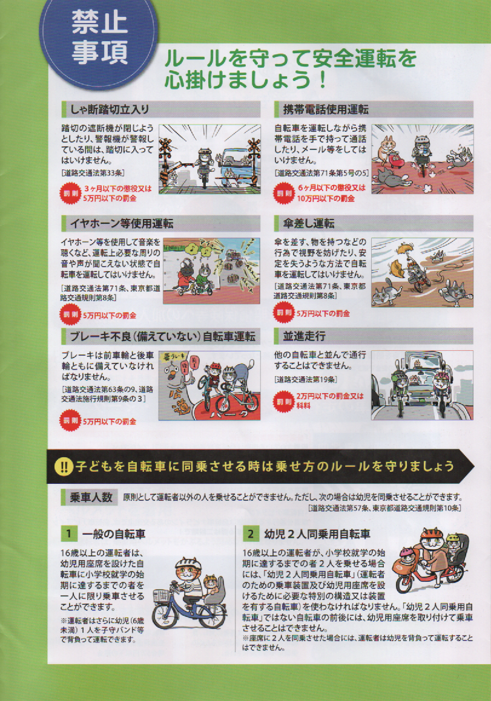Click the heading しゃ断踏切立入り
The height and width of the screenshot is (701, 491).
point(110,109)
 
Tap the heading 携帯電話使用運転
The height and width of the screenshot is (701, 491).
point(326,109)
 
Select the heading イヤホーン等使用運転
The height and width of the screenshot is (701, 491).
point(121,223)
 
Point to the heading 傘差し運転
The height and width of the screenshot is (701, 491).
point(308,223)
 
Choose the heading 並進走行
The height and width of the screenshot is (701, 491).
point(304,336)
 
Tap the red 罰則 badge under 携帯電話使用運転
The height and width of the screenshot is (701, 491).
point(283,194)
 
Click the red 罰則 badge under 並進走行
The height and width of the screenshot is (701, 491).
point(283,400)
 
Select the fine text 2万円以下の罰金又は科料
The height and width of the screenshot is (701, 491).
point(330,400)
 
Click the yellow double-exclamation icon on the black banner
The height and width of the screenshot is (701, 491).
point(64,467)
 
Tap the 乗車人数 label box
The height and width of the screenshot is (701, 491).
point(90,497)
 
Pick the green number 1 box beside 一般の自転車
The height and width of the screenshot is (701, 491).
point(68,533)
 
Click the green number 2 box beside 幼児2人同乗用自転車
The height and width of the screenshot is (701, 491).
point(251,533)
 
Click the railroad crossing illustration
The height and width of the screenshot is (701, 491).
point(209,158)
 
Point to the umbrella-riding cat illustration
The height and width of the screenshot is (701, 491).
point(422,272)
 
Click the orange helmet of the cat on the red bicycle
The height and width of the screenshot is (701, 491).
point(432,533)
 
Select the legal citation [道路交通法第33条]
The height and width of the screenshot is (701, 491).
point(93,172)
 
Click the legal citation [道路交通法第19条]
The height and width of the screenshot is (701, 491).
point(306,380)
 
